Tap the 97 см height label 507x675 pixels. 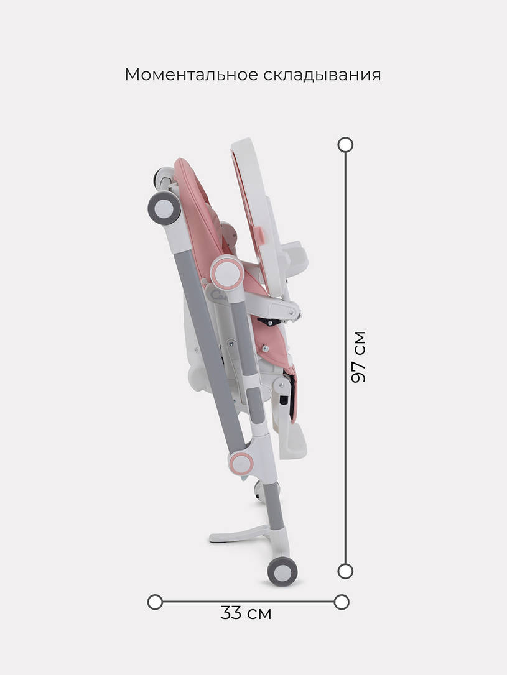(358, 357)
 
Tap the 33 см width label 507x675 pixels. (246, 613)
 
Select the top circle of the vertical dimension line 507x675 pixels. (345, 145)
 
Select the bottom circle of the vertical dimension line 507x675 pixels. (345, 571)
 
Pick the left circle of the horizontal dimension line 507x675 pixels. (155, 602)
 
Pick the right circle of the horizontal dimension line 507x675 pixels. (342, 602)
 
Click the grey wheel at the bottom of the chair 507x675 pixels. (282, 571)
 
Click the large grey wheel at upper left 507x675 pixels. (164, 208)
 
